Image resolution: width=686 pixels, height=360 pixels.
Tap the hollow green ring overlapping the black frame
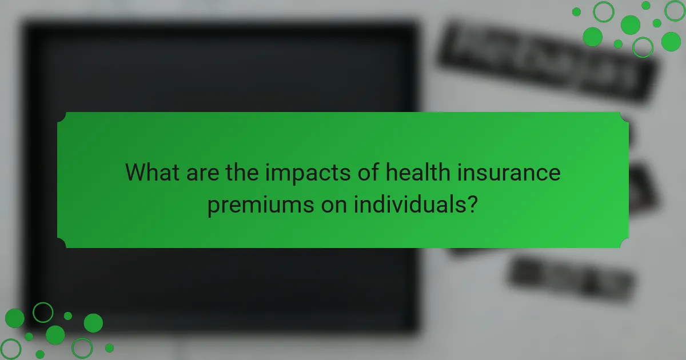[43, 313]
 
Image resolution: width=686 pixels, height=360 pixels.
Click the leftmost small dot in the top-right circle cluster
[576, 12]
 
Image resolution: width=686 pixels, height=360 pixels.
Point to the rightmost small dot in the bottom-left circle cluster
[109, 347]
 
